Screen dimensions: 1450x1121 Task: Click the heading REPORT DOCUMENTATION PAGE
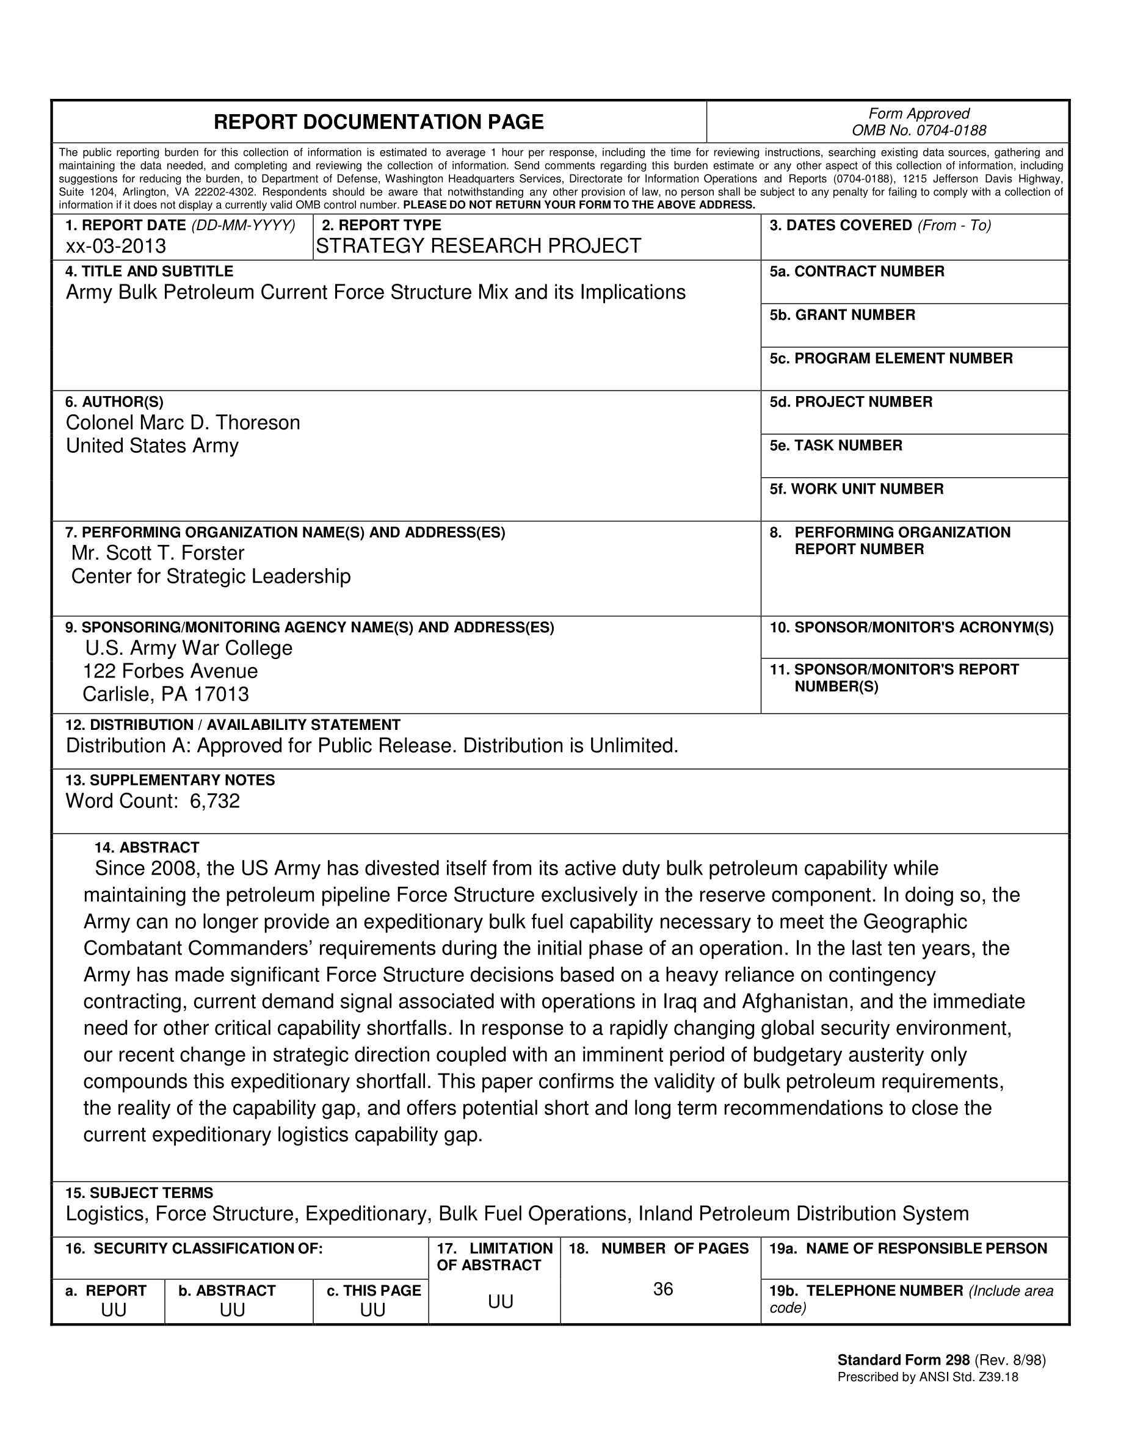[x=379, y=122]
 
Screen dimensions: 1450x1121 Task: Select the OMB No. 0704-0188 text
[x=918, y=131]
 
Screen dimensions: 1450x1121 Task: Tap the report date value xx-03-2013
[x=115, y=247]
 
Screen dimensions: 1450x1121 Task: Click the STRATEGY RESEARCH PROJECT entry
[x=478, y=247]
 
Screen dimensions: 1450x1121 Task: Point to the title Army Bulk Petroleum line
[x=375, y=292]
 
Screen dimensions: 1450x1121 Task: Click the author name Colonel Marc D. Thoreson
[x=183, y=423]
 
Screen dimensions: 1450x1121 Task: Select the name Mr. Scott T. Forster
[x=158, y=553]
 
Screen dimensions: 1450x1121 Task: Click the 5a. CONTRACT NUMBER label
[x=857, y=272]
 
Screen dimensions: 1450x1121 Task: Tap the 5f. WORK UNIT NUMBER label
[x=856, y=489]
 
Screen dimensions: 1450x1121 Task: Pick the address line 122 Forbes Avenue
[x=171, y=671]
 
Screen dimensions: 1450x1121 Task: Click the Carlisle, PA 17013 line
[x=165, y=694]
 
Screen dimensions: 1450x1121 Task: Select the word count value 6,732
[x=214, y=801]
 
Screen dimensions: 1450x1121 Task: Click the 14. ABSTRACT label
[x=147, y=848]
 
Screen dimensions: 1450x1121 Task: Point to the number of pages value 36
[x=663, y=1289]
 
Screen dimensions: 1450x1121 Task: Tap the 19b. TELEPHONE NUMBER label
[x=866, y=1291]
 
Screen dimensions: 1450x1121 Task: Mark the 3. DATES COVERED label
[x=841, y=226]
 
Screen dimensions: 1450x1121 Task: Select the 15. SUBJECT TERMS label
[x=139, y=1193]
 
